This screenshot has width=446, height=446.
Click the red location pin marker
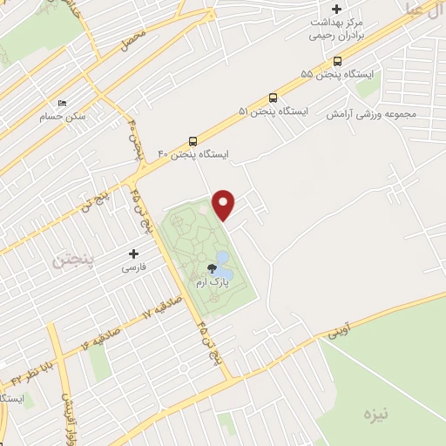pos(225,205)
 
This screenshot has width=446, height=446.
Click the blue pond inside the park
pos(221,259)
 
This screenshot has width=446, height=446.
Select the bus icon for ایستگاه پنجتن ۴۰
pos(193,140)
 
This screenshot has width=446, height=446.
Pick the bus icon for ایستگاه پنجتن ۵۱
pos(274,98)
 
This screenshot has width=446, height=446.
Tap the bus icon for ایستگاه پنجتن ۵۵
pos(337,60)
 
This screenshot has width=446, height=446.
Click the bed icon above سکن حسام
pos(61,102)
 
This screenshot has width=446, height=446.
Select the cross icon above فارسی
pos(133,253)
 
